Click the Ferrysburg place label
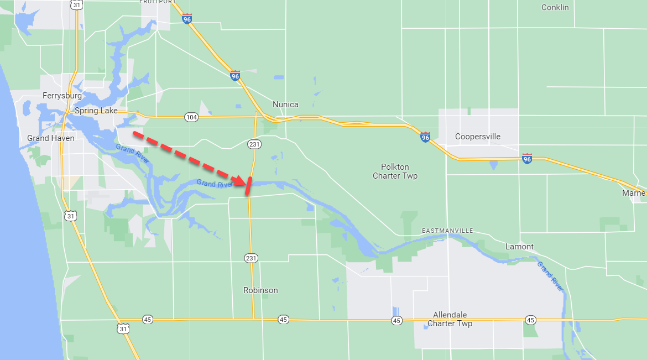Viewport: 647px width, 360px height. (x=62, y=96)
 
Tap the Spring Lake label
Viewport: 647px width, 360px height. (x=96, y=111)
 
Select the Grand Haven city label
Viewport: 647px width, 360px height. (x=50, y=138)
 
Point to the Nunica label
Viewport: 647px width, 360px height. (x=285, y=105)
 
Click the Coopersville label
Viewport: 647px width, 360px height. (x=477, y=137)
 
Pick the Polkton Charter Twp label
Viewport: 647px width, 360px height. (x=395, y=171)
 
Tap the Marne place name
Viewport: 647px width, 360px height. (x=633, y=193)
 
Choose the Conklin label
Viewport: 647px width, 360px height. (x=555, y=7)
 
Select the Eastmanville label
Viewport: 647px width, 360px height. (x=447, y=230)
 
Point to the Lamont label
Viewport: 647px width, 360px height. (x=520, y=247)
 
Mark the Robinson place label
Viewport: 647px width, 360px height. (x=260, y=290)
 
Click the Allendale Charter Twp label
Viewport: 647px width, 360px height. (x=450, y=319)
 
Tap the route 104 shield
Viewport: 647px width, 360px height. (x=191, y=117)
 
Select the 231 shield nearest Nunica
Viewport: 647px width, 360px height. (x=254, y=144)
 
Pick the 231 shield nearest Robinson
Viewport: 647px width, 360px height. (x=251, y=258)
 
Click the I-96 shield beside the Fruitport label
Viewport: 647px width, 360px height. (x=187, y=19)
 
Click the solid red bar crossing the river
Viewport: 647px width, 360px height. (x=249, y=186)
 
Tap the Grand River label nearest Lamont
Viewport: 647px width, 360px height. (x=550, y=276)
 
